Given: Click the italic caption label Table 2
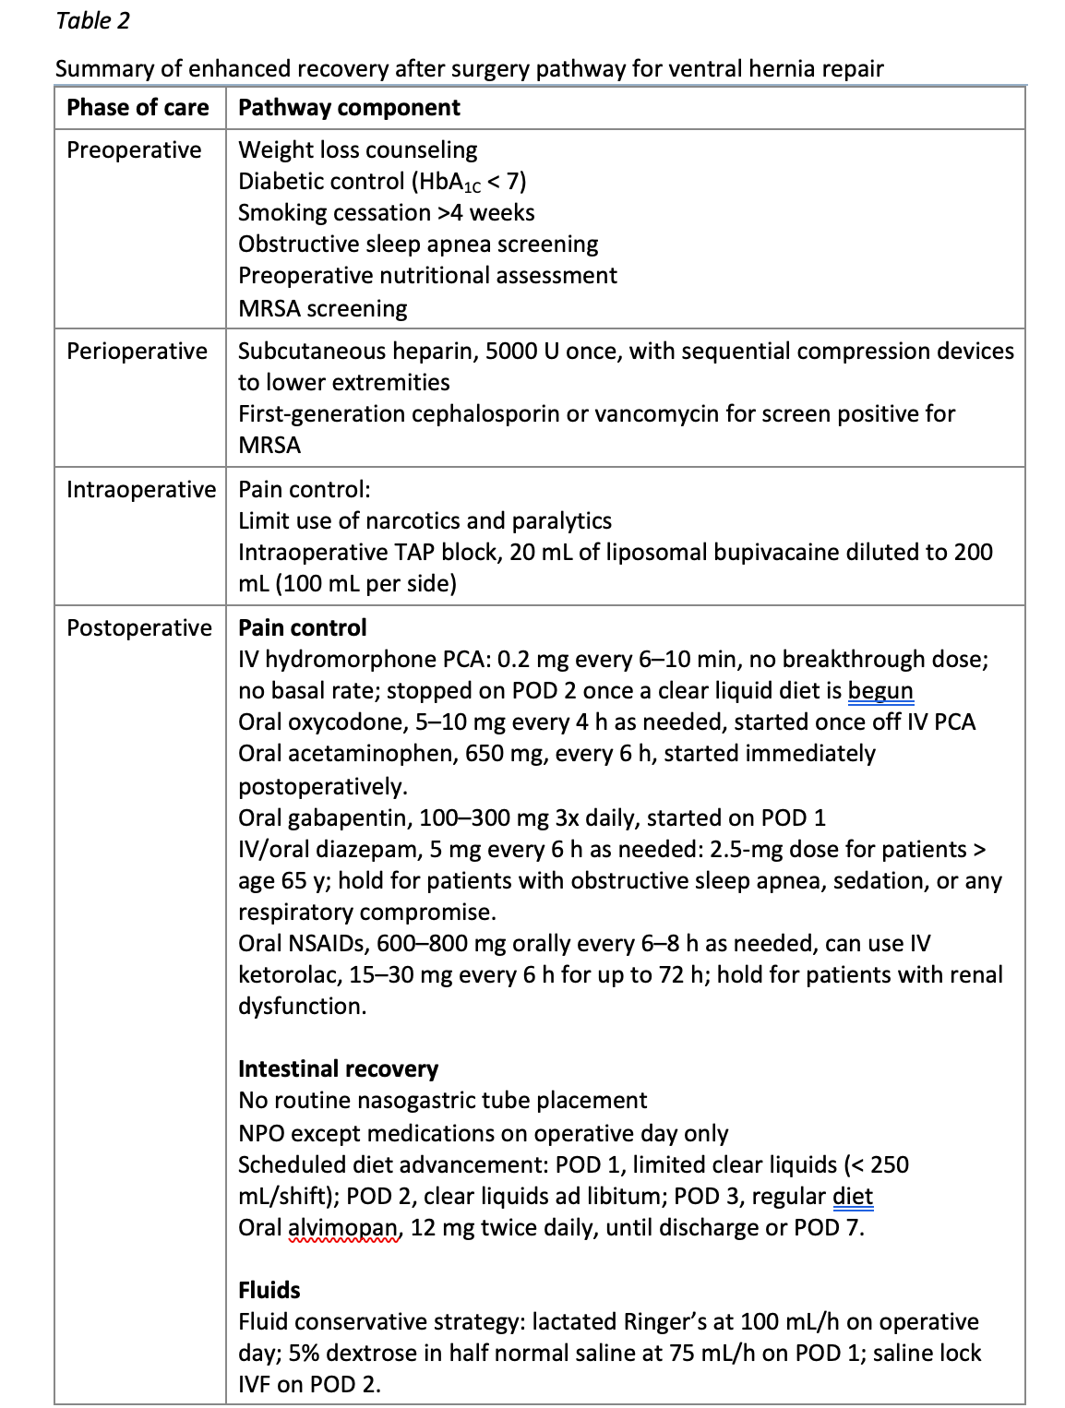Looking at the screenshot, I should pos(92,20).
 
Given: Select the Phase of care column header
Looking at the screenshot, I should pos(138,108).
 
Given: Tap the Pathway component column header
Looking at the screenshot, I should pos(349,108).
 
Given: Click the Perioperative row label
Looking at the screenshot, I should pos(137,352).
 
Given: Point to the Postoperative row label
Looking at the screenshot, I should pos(138,628).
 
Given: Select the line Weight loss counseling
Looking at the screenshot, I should pos(357,150).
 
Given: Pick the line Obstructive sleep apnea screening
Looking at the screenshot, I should pos(417,245).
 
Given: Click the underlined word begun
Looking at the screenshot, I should pos(880,691).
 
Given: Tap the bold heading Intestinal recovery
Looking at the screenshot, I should pos(338,1069).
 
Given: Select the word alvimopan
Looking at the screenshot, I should pos(344,1228).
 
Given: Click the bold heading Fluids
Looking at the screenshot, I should pos(269,1291).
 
